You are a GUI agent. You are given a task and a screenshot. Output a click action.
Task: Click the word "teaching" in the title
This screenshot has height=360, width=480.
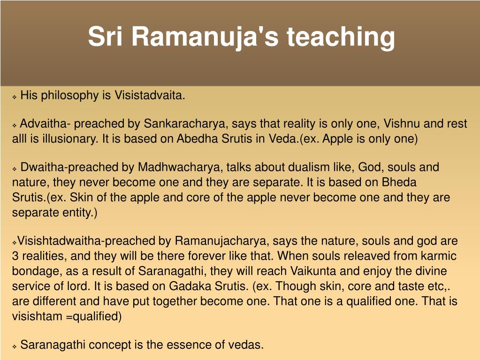(x=341, y=38)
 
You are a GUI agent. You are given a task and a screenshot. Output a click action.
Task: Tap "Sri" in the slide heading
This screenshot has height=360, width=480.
(x=105, y=36)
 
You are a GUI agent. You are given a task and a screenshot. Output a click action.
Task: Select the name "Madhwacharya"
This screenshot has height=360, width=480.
(x=179, y=167)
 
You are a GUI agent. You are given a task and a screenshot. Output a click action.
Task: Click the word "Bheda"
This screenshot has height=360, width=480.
(x=399, y=182)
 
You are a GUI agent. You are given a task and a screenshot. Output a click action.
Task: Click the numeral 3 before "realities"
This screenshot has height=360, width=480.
(x=15, y=256)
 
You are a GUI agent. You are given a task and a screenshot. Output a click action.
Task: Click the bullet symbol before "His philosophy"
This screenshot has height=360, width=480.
(x=15, y=97)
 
